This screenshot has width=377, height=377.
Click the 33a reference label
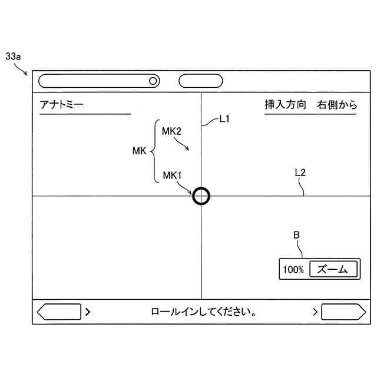13,57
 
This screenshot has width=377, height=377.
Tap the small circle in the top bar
153,81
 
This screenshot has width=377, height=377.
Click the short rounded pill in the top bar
200,81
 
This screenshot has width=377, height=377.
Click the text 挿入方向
286,105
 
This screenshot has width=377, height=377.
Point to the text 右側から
337,105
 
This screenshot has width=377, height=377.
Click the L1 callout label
224,119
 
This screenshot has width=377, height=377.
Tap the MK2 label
172,131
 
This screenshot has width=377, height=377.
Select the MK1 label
172,175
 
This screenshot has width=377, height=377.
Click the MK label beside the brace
139,151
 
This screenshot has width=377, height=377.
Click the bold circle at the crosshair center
201,196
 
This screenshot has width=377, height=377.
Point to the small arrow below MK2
182,144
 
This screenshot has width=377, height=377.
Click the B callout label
297,235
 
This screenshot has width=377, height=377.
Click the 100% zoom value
293,270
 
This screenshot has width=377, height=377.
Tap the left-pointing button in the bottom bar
59,312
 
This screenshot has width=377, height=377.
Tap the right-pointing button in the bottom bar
342,312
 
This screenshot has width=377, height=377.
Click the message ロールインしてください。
203,312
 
